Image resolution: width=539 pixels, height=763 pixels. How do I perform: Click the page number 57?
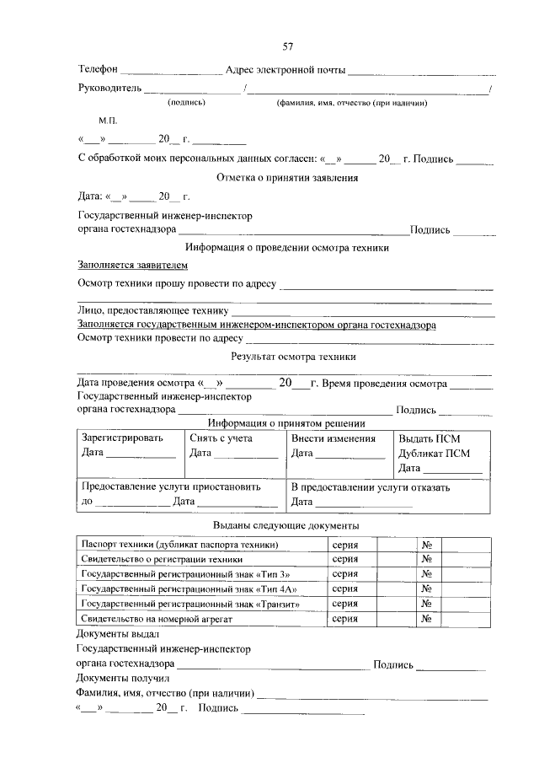pyautogui.click(x=287, y=46)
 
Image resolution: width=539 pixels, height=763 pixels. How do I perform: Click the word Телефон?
pyautogui.click(x=99, y=68)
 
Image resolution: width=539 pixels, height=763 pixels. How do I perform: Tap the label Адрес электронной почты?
pyautogui.click(x=286, y=68)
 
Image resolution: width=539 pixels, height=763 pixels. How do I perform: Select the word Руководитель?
pyautogui.click(x=109, y=87)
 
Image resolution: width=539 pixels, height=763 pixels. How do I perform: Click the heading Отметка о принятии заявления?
pyautogui.click(x=287, y=178)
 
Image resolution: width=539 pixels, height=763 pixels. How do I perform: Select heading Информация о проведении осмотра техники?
pyautogui.click(x=287, y=248)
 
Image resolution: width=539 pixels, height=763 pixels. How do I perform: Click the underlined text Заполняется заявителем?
pyautogui.click(x=125, y=265)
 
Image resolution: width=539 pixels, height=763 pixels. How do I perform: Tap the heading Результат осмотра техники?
pyautogui.click(x=287, y=357)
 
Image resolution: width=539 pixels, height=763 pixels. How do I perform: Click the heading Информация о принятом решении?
pyautogui.click(x=287, y=423)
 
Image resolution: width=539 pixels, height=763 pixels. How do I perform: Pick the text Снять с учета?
pyautogui.click(x=221, y=438)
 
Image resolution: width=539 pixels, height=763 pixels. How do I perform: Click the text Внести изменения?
pyautogui.click(x=333, y=438)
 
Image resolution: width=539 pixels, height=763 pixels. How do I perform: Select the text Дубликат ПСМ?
pyautogui.click(x=435, y=453)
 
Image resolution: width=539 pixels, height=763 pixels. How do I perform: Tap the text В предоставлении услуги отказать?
pyautogui.click(x=370, y=486)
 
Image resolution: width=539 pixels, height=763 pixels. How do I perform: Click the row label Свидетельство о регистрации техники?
pyautogui.click(x=162, y=559)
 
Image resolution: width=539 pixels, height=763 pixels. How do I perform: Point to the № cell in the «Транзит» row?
pyautogui.click(x=427, y=604)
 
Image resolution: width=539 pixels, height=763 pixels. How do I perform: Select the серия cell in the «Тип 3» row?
pyautogui.click(x=344, y=573)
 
